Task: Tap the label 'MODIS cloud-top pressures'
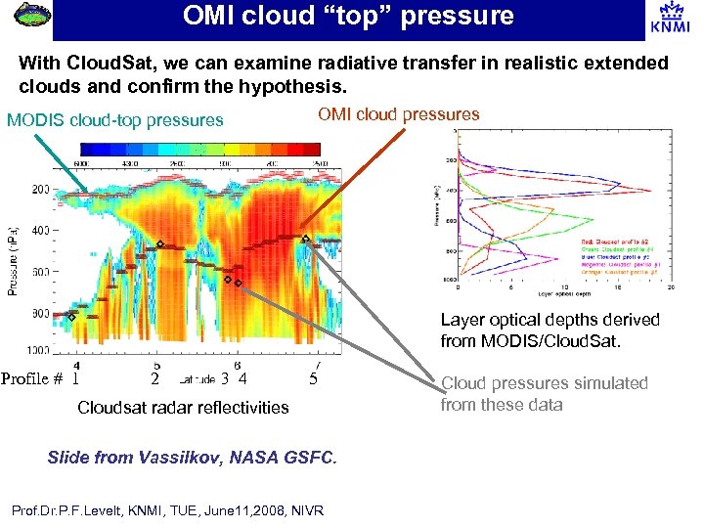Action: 115,121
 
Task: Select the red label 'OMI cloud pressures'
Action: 399,114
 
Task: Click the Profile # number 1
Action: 75,378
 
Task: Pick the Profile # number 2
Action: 154,378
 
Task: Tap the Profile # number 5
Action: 313,378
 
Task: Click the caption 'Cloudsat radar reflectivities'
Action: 183,407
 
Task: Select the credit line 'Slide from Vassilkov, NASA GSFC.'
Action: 192,458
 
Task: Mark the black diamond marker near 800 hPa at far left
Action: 71,318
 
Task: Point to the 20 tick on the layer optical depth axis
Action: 670,287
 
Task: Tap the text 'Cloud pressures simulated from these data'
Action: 544,393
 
